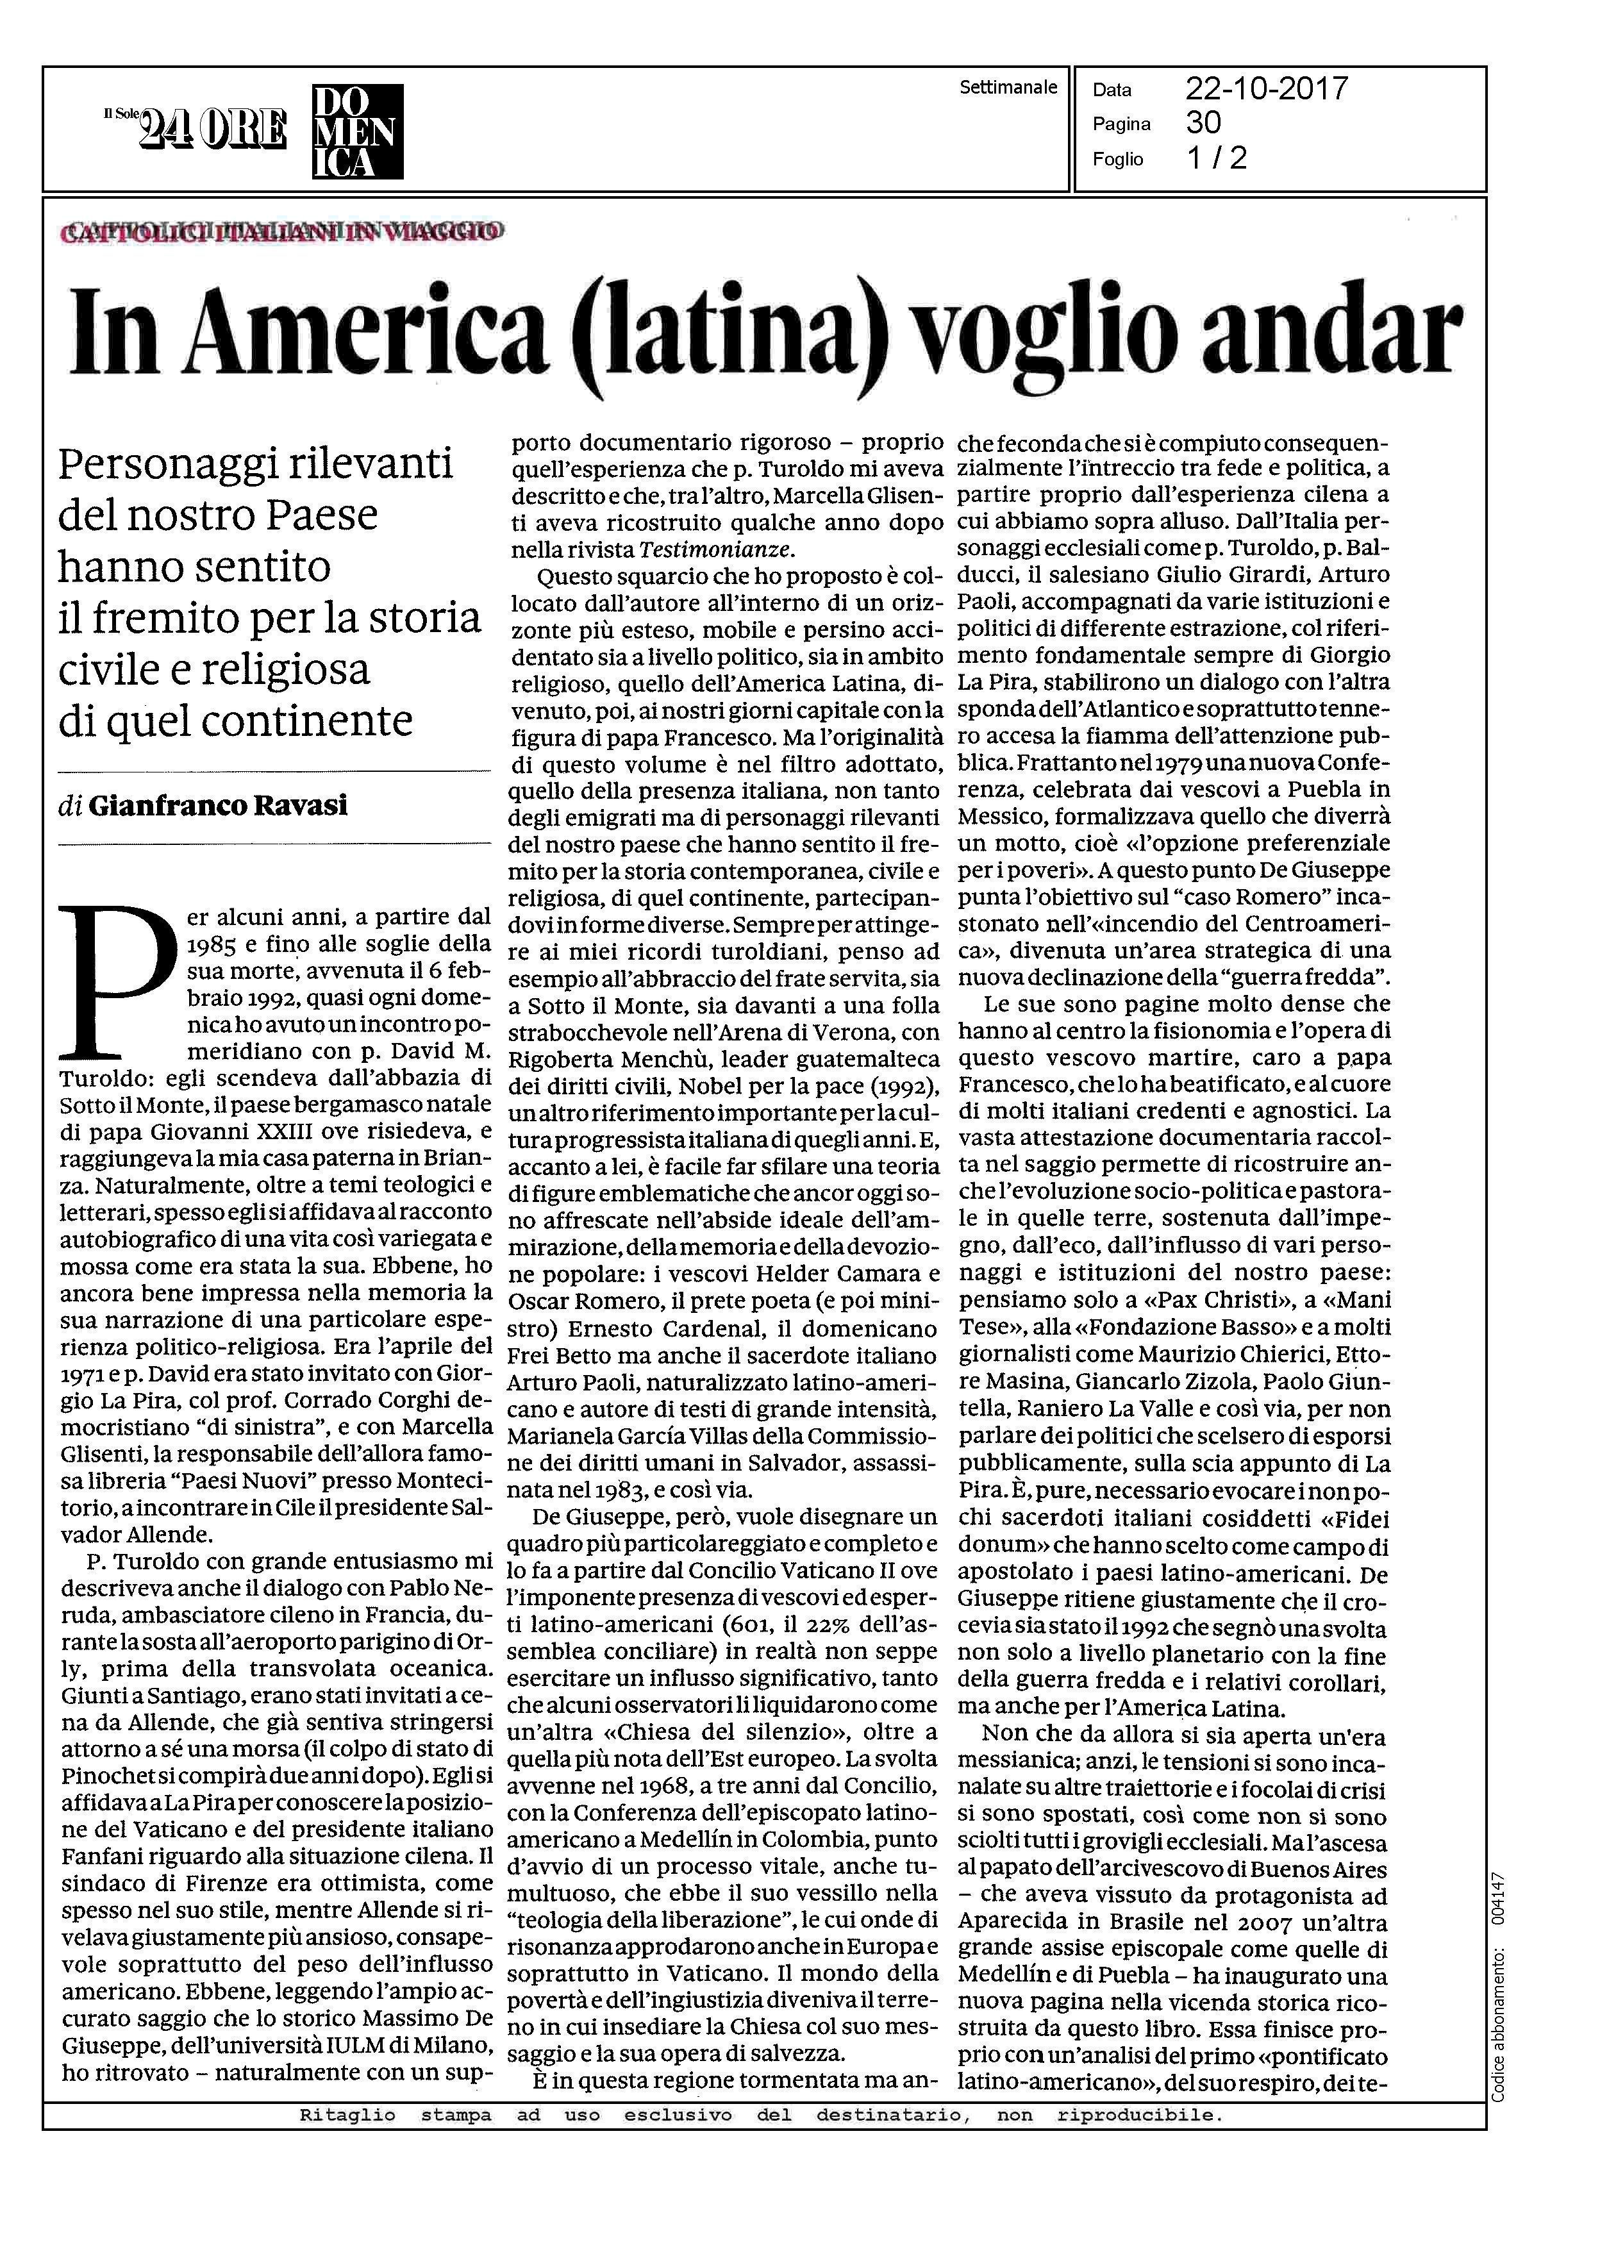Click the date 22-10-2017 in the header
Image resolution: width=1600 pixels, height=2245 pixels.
(x=1266, y=90)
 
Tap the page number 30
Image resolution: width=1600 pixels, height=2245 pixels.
(x=1203, y=122)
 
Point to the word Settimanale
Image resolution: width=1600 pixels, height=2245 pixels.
(x=1008, y=88)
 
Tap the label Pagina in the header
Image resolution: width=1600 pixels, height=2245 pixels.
(x=1121, y=124)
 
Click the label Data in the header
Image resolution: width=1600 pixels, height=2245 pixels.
(x=1112, y=90)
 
